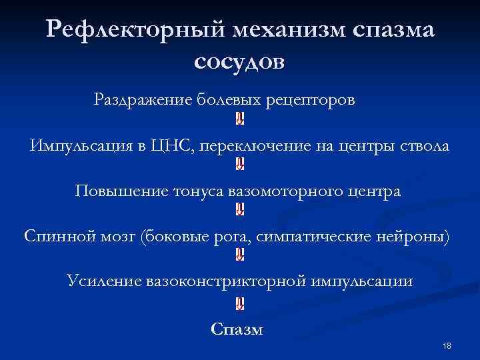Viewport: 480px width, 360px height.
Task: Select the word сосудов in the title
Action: (x=240, y=61)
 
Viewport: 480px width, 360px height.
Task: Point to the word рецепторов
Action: (x=311, y=100)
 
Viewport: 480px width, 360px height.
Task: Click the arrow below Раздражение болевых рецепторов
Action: (x=240, y=119)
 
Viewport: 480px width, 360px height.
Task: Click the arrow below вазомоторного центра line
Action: (x=240, y=211)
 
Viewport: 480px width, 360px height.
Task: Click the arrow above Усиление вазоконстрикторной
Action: (x=240, y=255)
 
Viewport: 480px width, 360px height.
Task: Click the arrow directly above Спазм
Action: (x=240, y=304)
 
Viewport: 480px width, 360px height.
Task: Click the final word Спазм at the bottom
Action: (x=237, y=329)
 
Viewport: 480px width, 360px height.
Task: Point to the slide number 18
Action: (x=447, y=345)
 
